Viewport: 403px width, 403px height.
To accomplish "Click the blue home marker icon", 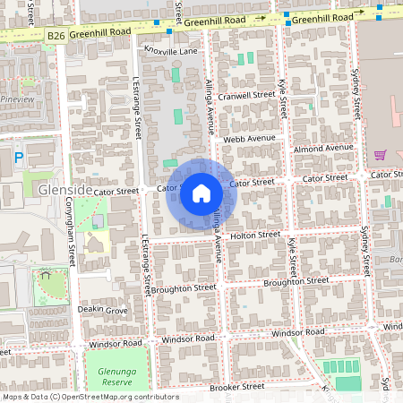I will pos(201,193).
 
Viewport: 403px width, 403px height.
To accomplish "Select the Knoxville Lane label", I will pos(169,52).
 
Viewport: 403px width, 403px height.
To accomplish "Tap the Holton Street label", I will pos(255,235).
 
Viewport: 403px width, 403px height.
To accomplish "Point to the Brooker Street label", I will pos(236,387).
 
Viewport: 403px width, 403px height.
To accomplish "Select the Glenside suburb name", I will pos(65,191).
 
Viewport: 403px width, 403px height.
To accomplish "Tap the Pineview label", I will pos(17,99).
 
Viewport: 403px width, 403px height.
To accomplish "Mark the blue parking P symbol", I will pos(20,158).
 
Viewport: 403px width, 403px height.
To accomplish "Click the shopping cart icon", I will pos(380,154).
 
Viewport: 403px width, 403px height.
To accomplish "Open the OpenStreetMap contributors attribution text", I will pos(90,396).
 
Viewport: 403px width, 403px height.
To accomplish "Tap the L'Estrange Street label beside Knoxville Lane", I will pos(137,108).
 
